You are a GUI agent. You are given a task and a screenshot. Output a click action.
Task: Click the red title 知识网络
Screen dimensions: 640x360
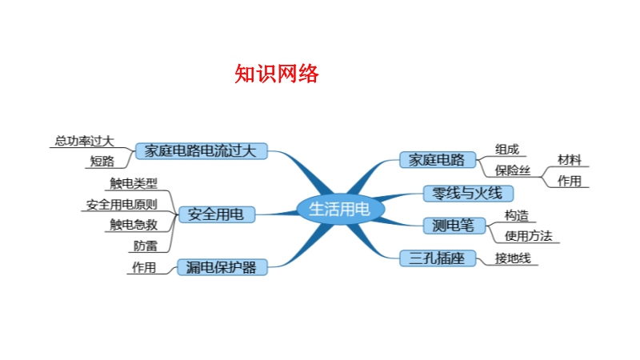(276, 74)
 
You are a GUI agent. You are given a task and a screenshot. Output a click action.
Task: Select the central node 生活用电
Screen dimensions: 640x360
(340, 209)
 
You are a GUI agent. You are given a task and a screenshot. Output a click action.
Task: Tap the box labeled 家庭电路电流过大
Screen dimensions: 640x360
(202, 151)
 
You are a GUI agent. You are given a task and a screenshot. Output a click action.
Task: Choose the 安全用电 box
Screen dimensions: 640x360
(216, 214)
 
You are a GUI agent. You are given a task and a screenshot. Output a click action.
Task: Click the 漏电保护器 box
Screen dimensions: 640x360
(222, 267)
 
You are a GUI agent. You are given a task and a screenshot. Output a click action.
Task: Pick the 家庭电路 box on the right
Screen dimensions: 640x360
(438, 159)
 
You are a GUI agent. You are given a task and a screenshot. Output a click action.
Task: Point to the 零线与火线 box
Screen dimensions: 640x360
(468, 194)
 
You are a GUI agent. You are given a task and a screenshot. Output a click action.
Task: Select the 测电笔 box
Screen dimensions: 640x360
(454, 226)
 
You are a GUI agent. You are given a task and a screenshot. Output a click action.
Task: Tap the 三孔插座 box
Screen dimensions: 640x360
(438, 258)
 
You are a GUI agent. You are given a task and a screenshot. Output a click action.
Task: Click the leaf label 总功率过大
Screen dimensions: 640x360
(85, 142)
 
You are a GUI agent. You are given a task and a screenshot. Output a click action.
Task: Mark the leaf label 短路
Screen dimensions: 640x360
(102, 162)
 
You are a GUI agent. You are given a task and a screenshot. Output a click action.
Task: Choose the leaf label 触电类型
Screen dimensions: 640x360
(134, 184)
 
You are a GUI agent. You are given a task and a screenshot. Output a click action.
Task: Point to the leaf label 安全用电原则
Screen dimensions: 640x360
(122, 205)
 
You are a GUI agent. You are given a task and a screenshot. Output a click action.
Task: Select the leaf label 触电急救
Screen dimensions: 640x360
(134, 225)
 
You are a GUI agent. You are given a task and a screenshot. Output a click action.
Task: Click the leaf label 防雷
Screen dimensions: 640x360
(146, 246)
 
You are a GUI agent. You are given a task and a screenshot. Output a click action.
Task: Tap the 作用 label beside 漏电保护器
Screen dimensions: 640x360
(144, 267)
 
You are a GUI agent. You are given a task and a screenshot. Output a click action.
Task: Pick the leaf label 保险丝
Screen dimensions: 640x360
(513, 170)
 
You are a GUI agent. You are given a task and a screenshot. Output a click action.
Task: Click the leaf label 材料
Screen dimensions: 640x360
(570, 159)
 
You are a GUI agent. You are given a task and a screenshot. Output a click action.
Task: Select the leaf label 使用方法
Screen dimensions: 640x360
(529, 236)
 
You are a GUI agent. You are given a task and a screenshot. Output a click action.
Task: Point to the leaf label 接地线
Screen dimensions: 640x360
(513, 258)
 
